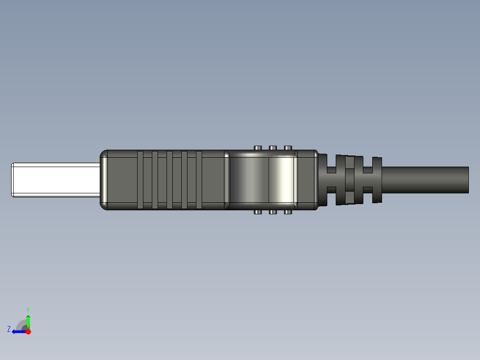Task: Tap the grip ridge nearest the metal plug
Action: click(x=140, y=180)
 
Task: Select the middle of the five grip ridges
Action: click(x=170, y=180)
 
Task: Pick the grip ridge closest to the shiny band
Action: click(x=199, y=180)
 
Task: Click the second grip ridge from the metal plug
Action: click(x=155, y=180)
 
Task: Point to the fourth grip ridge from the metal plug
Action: click(x=184, y=180)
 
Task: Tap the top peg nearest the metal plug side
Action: click(x=257, y=148)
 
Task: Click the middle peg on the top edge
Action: click(x=273, y=148)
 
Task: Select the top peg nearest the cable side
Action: click(x=288, y=148)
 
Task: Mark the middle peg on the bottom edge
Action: click(x=273, y=212)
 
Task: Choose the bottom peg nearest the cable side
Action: click(x=288, y=212)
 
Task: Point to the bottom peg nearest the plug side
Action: click(x=257, y=212)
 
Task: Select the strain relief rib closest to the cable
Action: click(x=377, y=180)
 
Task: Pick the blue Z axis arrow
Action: click(x=18, y=331)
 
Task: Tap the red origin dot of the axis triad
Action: click(x=28, y=331)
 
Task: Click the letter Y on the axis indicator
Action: click(x=28, y=309)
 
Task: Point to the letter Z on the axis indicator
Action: click(x=9, y=329)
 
